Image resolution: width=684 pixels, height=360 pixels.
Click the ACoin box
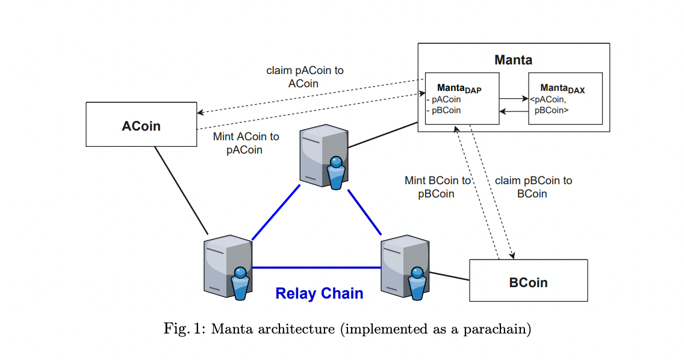coord(141,125)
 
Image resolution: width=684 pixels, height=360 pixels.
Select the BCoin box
coord(528,281)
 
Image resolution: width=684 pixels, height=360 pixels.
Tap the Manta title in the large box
coord(513,60)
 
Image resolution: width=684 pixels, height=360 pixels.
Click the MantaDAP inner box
coord(462,99)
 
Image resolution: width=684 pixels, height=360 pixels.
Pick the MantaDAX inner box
coord(565,99)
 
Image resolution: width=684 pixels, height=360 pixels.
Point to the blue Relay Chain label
coord(319,294)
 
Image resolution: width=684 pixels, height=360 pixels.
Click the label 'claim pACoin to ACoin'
coord(305,77)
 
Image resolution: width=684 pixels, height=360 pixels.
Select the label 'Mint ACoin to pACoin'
coord(246,143)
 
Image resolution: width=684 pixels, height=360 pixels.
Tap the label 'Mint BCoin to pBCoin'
coord(438,187)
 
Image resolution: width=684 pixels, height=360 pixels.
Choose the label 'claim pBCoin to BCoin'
coord(533,187)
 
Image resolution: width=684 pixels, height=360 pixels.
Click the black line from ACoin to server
coord(181,190)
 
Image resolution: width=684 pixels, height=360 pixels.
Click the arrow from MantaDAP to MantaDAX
coord(513,98)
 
